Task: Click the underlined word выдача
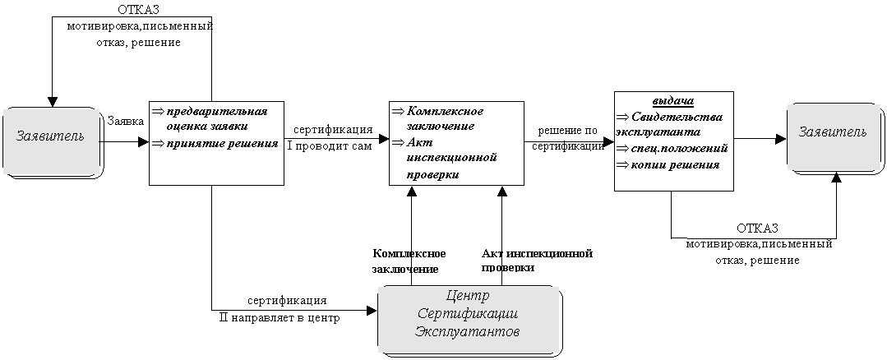(673, 101)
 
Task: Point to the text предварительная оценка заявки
(215, 118)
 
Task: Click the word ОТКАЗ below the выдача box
(757, 228)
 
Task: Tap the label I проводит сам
(330, 147)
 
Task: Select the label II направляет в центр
(279, 317)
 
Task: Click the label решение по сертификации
(567, 139)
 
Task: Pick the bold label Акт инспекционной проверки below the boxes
(537, 260)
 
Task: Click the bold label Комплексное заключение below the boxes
(409, 261)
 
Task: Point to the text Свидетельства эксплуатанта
(668, 124)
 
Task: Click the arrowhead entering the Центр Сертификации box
(372, 310)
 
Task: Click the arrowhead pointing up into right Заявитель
(836, 177)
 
